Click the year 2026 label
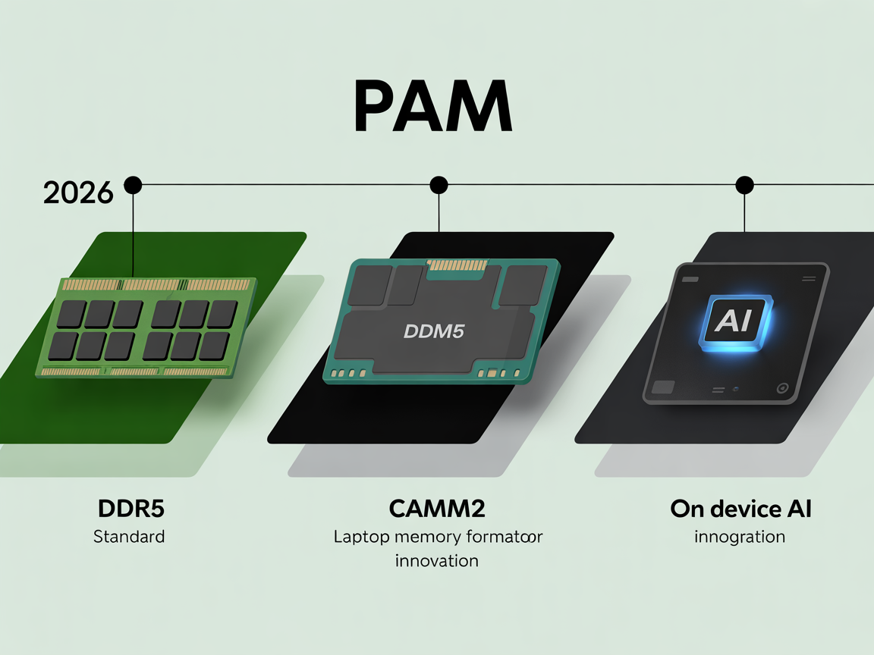click(x=77, y=193)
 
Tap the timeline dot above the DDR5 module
click(x=133, y=184)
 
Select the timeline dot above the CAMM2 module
click(x=439, y=184)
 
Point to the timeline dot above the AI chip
click(x=744, y=184)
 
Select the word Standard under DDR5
click(x=129, y=537)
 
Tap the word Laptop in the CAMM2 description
click(x=361, y=537)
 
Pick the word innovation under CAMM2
click(x=436, y=561)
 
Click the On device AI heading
click(x=740, y=509)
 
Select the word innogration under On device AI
click(x=740, y=537)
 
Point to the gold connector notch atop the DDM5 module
click(x=458, y=265)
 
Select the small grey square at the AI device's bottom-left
click(x=662, y=387)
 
